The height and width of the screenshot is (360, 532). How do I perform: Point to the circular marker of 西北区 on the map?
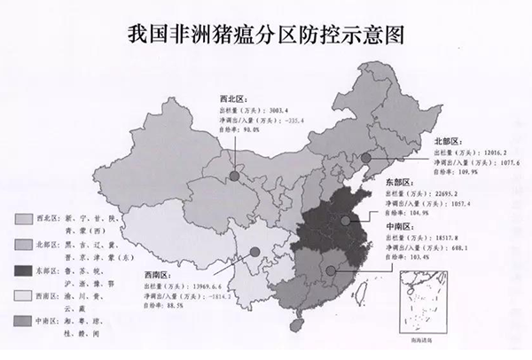pos(233,176)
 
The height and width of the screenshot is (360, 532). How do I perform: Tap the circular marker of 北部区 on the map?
pos(364,158)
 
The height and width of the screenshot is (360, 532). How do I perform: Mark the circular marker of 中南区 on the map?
pos(331,270)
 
